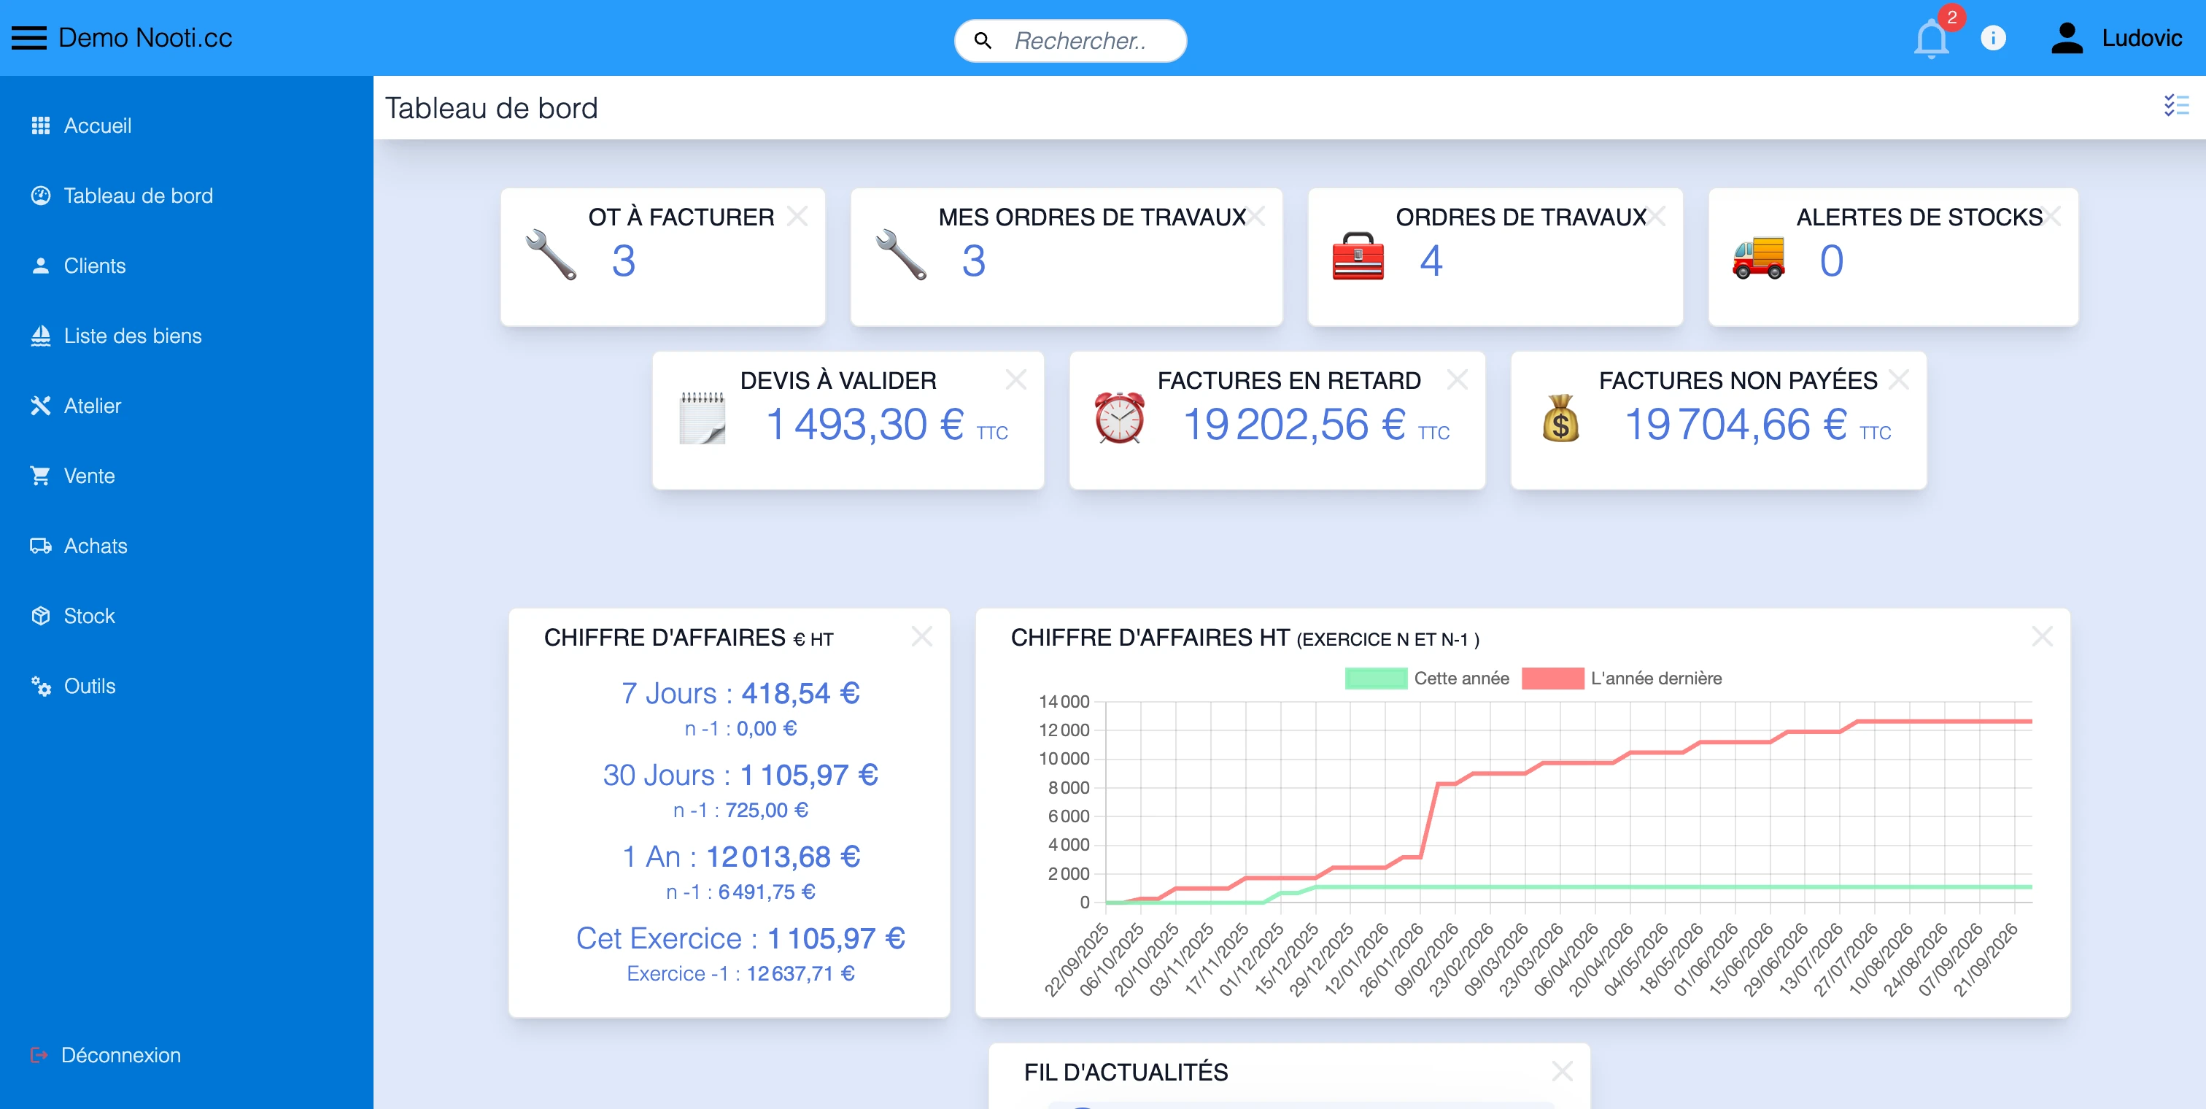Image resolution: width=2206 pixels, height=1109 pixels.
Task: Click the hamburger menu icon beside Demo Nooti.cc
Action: [29, 39]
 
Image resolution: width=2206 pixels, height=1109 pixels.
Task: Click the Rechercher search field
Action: [1079, 40]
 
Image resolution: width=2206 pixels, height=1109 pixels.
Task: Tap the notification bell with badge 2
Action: [1930, 39]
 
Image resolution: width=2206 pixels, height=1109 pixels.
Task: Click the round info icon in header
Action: [1993, 39]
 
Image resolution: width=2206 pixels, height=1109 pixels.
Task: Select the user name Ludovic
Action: [2141, 39]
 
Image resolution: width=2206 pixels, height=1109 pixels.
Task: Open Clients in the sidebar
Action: [94, 266]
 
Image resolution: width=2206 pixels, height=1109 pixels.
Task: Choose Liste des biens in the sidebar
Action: [133, 336]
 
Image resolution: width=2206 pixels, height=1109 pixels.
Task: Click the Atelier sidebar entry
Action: [93, 406]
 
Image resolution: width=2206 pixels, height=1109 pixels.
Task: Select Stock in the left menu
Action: [89, 617]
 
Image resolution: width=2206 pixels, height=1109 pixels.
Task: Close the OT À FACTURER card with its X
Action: [797, 216]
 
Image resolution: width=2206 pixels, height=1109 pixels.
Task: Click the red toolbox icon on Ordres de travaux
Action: [1358, 257]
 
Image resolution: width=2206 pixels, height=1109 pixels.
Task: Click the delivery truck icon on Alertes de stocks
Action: [1758, 258]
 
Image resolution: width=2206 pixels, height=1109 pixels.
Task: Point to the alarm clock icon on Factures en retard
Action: [1119, 418]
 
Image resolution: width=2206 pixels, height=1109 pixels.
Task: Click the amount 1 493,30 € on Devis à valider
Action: [865, 425]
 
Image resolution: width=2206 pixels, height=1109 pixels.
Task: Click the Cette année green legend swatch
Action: [1375, 679]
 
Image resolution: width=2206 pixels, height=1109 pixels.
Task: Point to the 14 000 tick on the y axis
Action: [1064, 702]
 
